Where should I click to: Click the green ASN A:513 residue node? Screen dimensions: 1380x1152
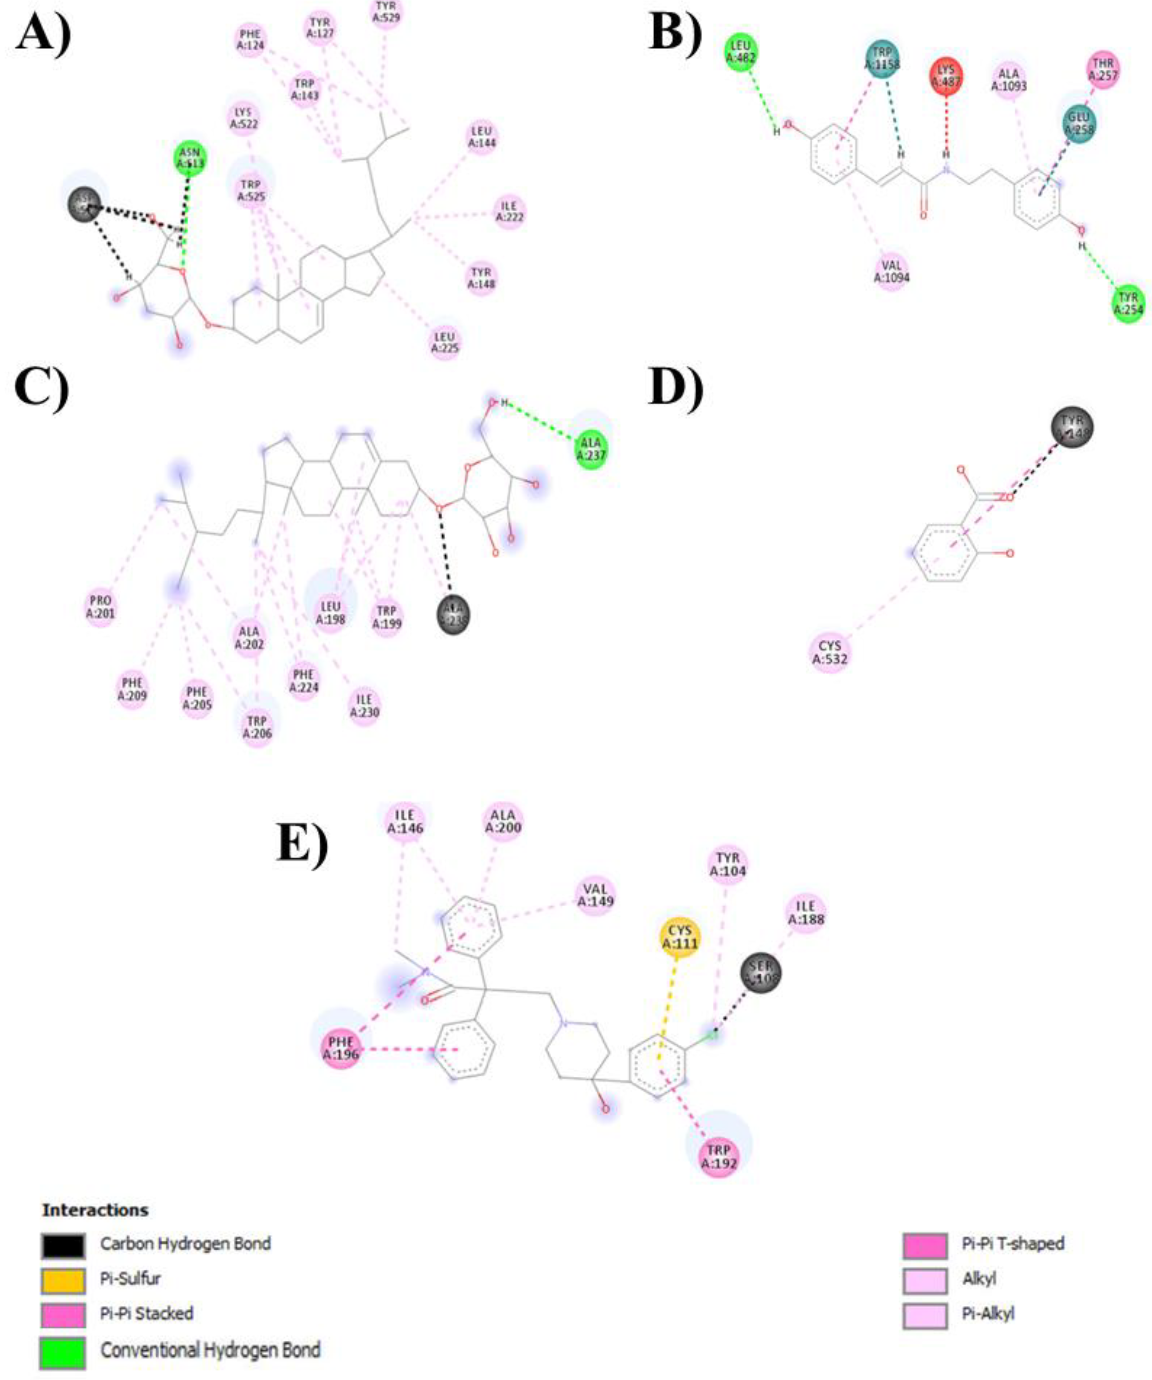click(x=190, y=159)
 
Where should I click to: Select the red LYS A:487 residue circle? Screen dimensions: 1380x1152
click(x=946, y=76)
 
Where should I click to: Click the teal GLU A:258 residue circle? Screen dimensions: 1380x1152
click(x=1080, y=124)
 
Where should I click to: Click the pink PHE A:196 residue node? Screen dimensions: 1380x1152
click(x=341, y=1048)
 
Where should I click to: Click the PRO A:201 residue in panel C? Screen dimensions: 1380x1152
click(x=100, y=607)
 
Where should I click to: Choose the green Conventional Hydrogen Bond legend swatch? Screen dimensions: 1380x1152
click(x=63, y=1352)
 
